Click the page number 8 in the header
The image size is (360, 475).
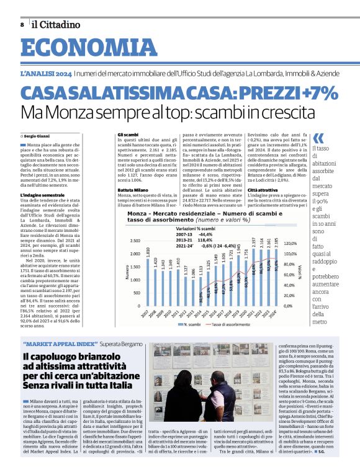point(22,24)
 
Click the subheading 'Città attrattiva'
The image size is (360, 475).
point(264,189)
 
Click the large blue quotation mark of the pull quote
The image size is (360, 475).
point(318,138)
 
